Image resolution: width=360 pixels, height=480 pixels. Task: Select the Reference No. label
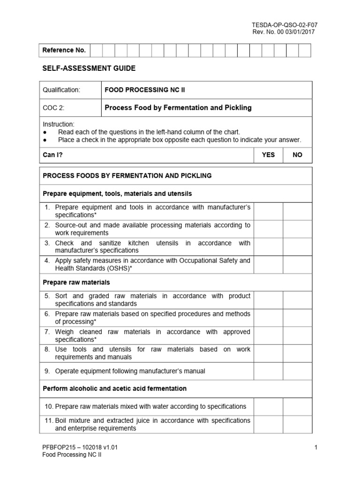point(64,50)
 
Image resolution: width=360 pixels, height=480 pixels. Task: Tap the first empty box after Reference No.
point(96,50)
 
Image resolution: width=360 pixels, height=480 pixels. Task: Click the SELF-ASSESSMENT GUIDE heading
point(89,68)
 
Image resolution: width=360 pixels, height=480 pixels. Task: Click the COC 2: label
point(53,108)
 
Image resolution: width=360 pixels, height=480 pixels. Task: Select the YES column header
point(268,155)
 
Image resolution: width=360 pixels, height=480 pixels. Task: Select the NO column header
point(297,155)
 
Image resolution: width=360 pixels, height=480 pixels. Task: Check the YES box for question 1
point(268,211)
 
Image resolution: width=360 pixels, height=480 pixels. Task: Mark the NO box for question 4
point(297,264)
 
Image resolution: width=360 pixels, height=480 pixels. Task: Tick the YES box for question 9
point(268,371)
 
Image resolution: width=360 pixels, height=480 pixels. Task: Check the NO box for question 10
point(297,406)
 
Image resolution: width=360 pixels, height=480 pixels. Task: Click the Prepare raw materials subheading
point(76,282)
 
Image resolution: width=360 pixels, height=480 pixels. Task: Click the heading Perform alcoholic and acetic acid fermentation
point(114,389)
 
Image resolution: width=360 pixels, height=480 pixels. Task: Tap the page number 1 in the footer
point(316,447)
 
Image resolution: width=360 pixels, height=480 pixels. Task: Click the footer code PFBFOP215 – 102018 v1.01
point(80,447)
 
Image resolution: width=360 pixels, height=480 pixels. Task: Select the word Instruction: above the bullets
point(59,124)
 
